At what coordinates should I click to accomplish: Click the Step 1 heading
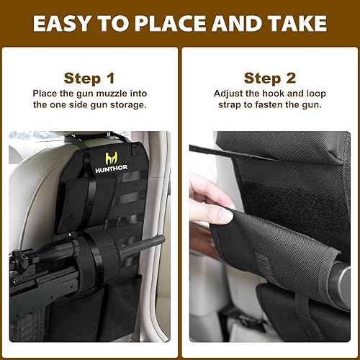(x=89, y=78)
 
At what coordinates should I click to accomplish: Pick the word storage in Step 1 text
(x=127, y=105)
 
